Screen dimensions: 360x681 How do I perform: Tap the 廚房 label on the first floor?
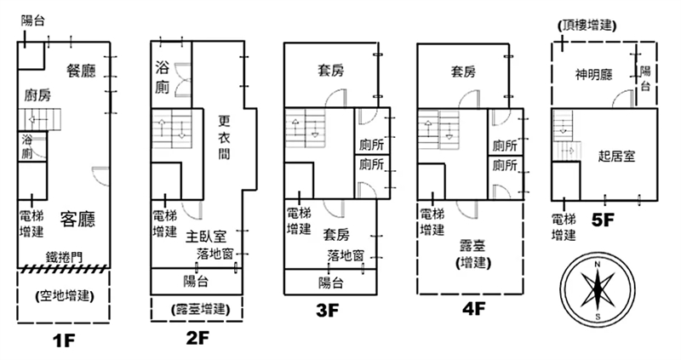pyautogui.click(x=37, y=95)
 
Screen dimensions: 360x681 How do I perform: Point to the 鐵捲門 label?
pyautogui.click(x=64, y=255)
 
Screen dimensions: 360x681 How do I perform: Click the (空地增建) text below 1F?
pyautogui.click(x=65, y=296)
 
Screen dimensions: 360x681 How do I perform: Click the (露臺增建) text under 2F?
pyautogui.click(x=197, y=308)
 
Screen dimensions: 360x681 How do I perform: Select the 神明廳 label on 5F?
pyautogui.click(x=594, y=75)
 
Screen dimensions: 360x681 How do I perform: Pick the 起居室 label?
pyautogui.click(x=617, y=156)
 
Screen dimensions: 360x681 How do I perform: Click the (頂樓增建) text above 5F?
pyautogui.click(x=588, y=26)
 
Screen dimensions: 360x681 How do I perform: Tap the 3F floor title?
pyautogui.click(x=328, y=311)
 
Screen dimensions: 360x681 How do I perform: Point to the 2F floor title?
pyautogui.click(x=197, y=336)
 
